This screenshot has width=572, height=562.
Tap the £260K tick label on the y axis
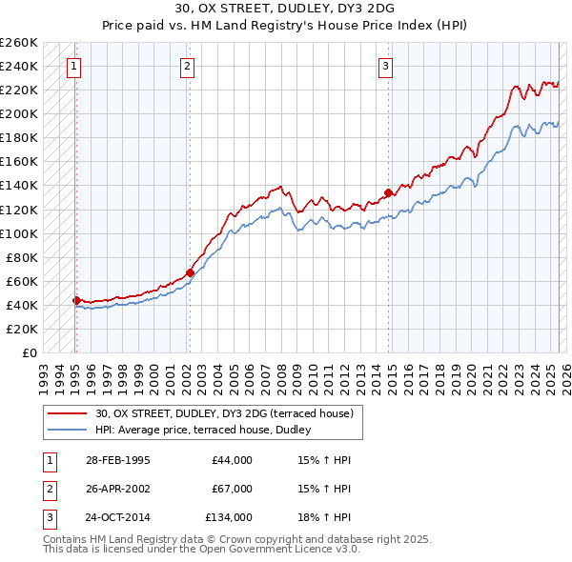coord(19,43)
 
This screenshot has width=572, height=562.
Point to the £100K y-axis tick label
coord(19,233)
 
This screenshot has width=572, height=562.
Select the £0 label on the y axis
coord(29,352)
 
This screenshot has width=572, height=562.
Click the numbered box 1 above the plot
coord(74,67)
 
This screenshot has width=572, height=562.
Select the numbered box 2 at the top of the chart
coord(187,67)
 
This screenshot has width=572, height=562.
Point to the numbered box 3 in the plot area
coord(385,67)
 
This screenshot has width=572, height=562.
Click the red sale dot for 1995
coord(76,300)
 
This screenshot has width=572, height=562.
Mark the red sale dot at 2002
coord(190,272)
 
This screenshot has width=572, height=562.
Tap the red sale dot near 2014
coord(388,192)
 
